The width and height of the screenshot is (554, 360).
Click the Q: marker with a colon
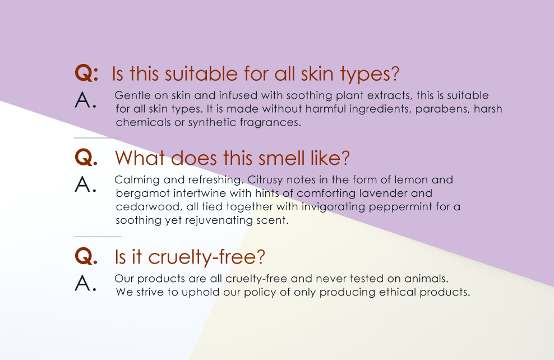click(86, 73)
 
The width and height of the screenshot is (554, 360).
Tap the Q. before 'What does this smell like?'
click(86, 157)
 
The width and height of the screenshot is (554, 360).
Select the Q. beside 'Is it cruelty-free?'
click(86, 256)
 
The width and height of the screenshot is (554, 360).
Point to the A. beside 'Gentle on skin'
click(85, 100)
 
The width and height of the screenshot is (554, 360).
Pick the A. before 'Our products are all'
click(85, 283)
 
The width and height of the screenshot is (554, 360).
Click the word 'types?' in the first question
click(370, 75)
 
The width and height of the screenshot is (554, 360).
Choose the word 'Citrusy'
click(265, 180)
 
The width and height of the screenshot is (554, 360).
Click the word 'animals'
click(426, 279)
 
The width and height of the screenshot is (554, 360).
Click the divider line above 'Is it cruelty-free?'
click(98, 236)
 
